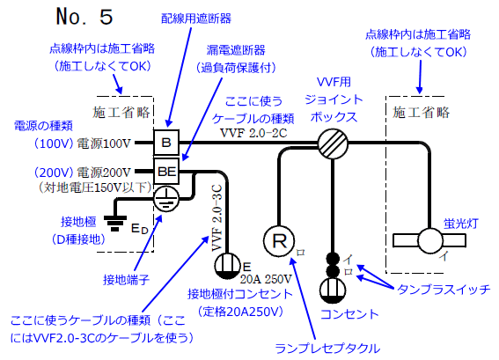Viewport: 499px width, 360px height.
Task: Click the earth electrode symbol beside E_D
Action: (115, 223)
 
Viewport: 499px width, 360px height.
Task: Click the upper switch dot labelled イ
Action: (333, 258)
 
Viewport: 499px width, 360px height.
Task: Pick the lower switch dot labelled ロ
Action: (333, 271)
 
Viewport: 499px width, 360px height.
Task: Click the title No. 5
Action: (84, 17)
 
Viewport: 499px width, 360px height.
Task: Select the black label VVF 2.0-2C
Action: (253, 133)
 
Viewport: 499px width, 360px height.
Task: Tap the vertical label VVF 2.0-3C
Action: (216, 218)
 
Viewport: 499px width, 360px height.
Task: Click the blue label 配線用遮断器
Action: (196, 18)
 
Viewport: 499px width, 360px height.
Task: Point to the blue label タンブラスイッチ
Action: (444, 290)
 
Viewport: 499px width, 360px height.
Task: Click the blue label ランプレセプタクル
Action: (327, 349)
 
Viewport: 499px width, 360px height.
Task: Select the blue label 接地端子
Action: (127, 280)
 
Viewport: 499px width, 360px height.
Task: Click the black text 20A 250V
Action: (266, 279)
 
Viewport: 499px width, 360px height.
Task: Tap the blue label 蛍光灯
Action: (461, 224)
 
